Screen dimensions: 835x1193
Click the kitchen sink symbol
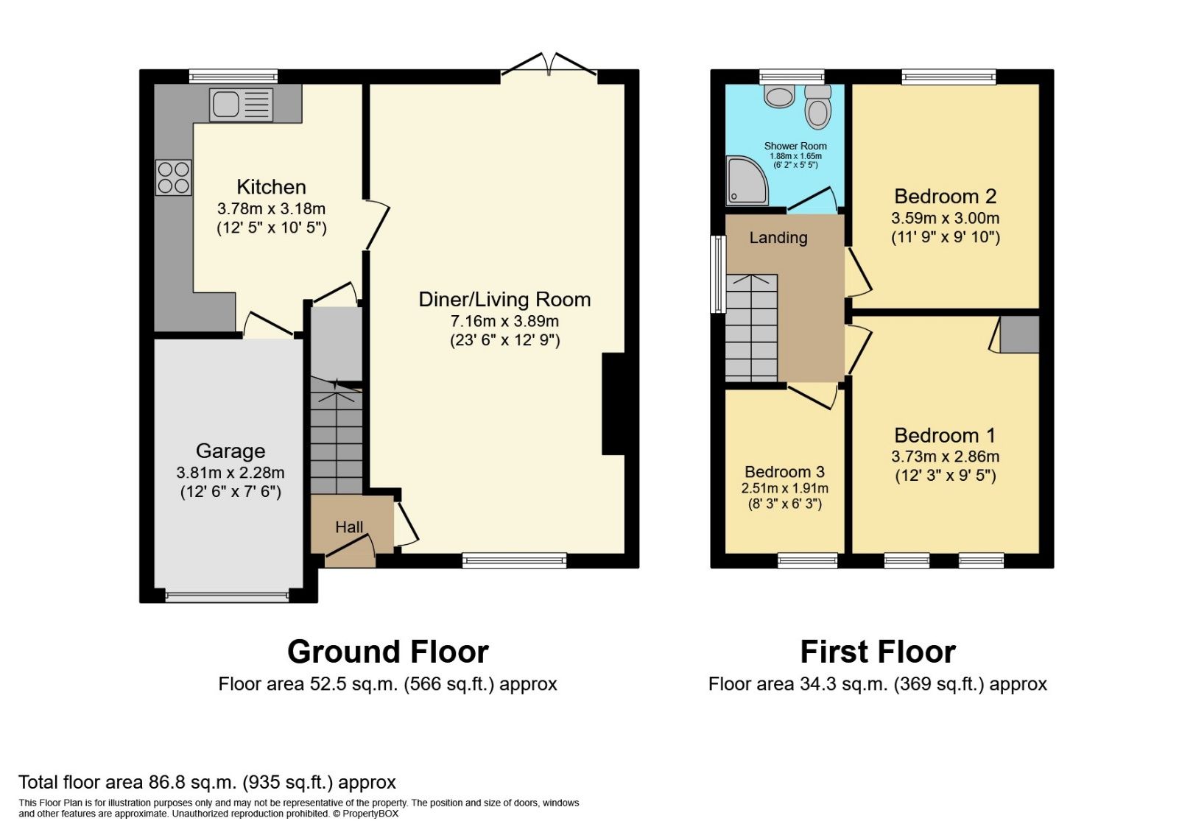tap(241, 105)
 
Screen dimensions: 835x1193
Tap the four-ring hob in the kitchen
tap(174, 177)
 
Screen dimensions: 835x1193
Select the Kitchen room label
tap(271, 187)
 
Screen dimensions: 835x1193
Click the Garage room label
tap(230, 451)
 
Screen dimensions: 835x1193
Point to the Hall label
tap(349, 527)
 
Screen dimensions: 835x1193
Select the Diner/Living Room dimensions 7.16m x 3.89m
tap(504, 321)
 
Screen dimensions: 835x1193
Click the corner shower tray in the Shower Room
tap(746, 181)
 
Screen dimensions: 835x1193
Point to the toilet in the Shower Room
tap(817, 108)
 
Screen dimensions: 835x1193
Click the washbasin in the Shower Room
tap(778, 96)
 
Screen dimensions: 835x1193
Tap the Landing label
tap(778, 238)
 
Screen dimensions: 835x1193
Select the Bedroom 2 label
tap(945, 197)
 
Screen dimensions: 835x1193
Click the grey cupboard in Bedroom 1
tap(1019, 334)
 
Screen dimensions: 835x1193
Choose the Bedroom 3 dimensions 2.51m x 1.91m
tap(784, 488)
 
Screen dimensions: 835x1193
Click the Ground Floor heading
tap(387, 652)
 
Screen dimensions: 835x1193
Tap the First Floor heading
tap(877, 652)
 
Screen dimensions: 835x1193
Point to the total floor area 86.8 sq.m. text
tap(207, 782)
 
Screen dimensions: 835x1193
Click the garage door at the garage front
tap(227, 596)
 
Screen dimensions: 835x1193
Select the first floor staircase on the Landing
tap(751, 328)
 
